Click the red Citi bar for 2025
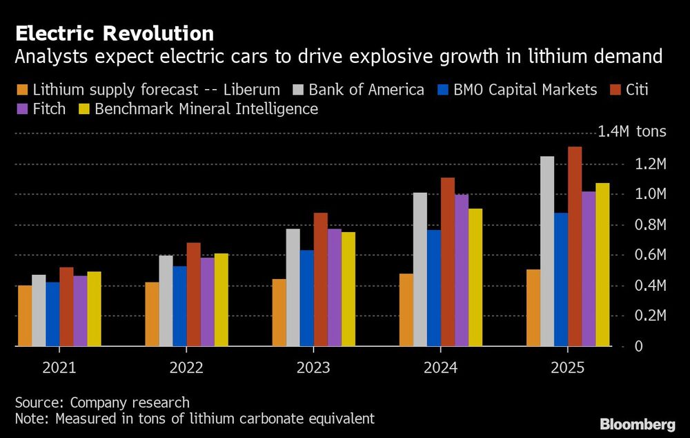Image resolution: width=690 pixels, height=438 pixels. point(575,246)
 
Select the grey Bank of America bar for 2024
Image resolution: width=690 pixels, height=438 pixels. point(420,269)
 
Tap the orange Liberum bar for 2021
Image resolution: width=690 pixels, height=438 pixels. point(25,315)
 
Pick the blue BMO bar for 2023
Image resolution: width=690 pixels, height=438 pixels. point(306,298)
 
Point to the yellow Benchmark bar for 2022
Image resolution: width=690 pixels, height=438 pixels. point(221,299)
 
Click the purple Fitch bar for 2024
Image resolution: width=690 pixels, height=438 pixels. point(462,269)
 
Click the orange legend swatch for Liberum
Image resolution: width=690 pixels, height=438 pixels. point(21,90)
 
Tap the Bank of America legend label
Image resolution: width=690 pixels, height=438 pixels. point(366,90)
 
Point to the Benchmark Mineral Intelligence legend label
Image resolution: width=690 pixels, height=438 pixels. point(206,109)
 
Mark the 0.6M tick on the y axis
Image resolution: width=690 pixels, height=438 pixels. point(651,255)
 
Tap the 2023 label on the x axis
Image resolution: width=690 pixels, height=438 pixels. point(313,368)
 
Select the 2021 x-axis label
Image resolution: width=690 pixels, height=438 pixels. point(59,368)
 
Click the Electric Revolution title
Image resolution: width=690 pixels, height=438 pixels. point(114,33)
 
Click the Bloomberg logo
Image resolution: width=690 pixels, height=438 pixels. point(637,423)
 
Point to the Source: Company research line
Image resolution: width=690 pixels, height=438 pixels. point(102,402)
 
